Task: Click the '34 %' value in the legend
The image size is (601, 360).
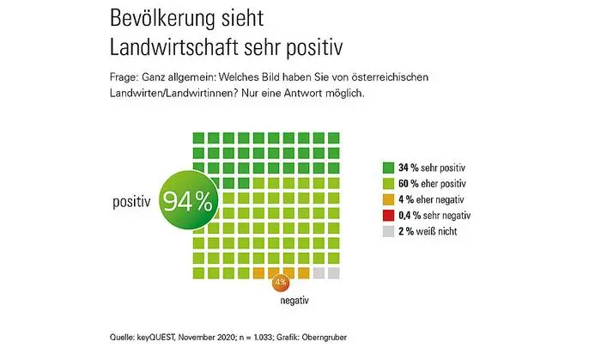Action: coord(410,168)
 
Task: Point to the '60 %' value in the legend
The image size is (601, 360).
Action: coord(410,184)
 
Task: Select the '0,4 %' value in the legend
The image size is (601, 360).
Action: coord(413,215)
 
